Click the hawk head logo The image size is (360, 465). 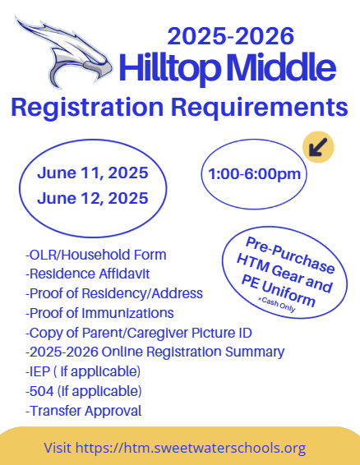[64, 53]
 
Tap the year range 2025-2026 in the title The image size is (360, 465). [231, 36]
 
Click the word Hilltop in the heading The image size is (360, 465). [170, 67]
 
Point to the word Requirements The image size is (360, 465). [259, 107]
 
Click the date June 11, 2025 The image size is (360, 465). [93, 173]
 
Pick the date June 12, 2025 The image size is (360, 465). [93, 198]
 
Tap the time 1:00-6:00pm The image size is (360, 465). [254, 174]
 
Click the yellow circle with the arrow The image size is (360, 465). [318, 147]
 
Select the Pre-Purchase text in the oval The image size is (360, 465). [290, 255]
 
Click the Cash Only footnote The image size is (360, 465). [277, 305]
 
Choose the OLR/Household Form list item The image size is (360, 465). [96, 255]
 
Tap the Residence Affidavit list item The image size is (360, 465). [88, 274]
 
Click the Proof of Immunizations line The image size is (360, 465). [99, 313]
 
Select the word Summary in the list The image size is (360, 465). [255, 352]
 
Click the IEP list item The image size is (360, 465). [83, 371]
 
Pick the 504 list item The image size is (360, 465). [83, 391]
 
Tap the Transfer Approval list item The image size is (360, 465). [83, 411]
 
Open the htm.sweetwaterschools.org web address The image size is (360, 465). [191, 448]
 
